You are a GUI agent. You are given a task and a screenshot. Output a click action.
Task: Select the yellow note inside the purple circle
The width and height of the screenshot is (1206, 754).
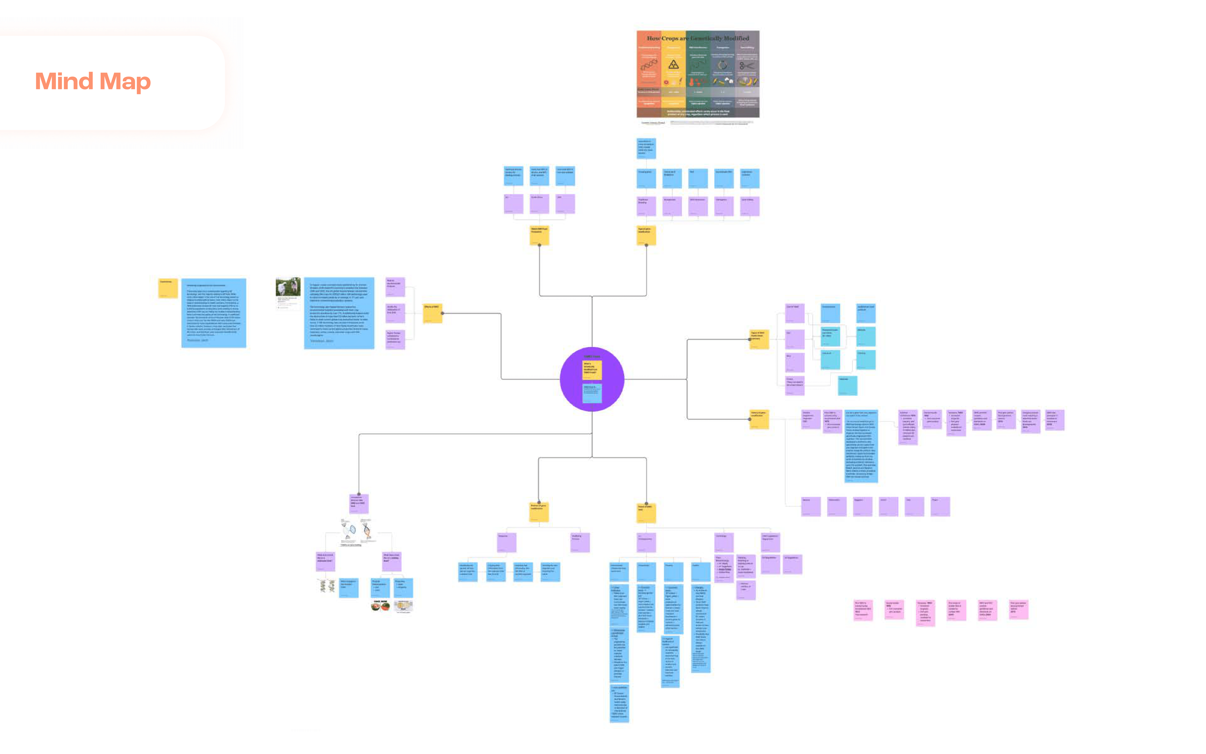592,370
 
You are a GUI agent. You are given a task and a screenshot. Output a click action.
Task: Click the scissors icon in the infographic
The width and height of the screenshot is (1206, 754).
746,65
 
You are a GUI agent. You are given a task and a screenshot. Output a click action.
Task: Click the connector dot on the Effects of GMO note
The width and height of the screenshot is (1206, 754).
442,313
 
